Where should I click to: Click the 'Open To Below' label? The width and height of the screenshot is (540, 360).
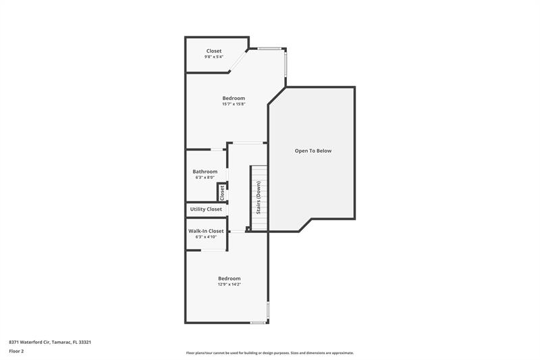(x=313, y=151)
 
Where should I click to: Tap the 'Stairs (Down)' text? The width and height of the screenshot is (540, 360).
(x=259, y=197)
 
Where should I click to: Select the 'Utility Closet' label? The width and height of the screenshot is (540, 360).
(x=206, y=209)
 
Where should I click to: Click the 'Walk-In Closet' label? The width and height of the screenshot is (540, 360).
(x=206, y=231)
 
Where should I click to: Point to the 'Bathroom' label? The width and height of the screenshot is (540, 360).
(x=205, y=172)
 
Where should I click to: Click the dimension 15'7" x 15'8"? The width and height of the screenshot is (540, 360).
(x=234, y=104)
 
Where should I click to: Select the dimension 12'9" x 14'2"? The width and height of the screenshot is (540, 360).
(x=230, y=284)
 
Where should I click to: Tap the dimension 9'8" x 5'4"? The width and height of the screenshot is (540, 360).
(x=214, y=57)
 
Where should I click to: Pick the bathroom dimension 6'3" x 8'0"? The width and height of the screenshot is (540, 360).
(x=205, y=178)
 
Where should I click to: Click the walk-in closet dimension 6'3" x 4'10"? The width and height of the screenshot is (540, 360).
(x=206, y=237)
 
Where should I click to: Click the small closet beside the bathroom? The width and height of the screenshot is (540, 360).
(x=222, y=192)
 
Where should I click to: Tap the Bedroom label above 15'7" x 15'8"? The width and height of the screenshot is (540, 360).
(x=234, y=98)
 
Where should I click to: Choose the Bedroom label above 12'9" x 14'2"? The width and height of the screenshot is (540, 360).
(x=230, y=278)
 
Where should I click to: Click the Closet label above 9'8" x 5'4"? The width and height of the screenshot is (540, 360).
(x=214, y=51)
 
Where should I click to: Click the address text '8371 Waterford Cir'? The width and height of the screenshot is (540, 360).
(x=29, y=342)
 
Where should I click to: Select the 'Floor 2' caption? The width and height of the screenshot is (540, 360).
(x=16, y=351)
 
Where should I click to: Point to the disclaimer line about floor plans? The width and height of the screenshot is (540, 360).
(x=269, y=353)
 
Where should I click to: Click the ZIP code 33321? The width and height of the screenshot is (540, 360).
(x=85, y=342)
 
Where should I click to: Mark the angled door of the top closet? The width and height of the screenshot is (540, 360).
(x=238, y=61)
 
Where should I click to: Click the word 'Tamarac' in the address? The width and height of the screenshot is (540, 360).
(x=61, y=342)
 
